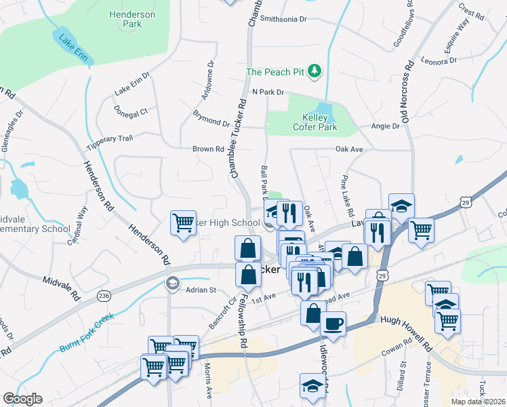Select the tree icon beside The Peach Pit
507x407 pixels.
[314, 71]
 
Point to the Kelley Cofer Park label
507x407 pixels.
[311, 121]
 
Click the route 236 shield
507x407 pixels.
[104, 296]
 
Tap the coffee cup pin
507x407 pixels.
[333, 324]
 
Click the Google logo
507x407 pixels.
[22, 399]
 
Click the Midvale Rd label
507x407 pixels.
[62, 279]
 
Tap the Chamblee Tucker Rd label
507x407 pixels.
[239, 140]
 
